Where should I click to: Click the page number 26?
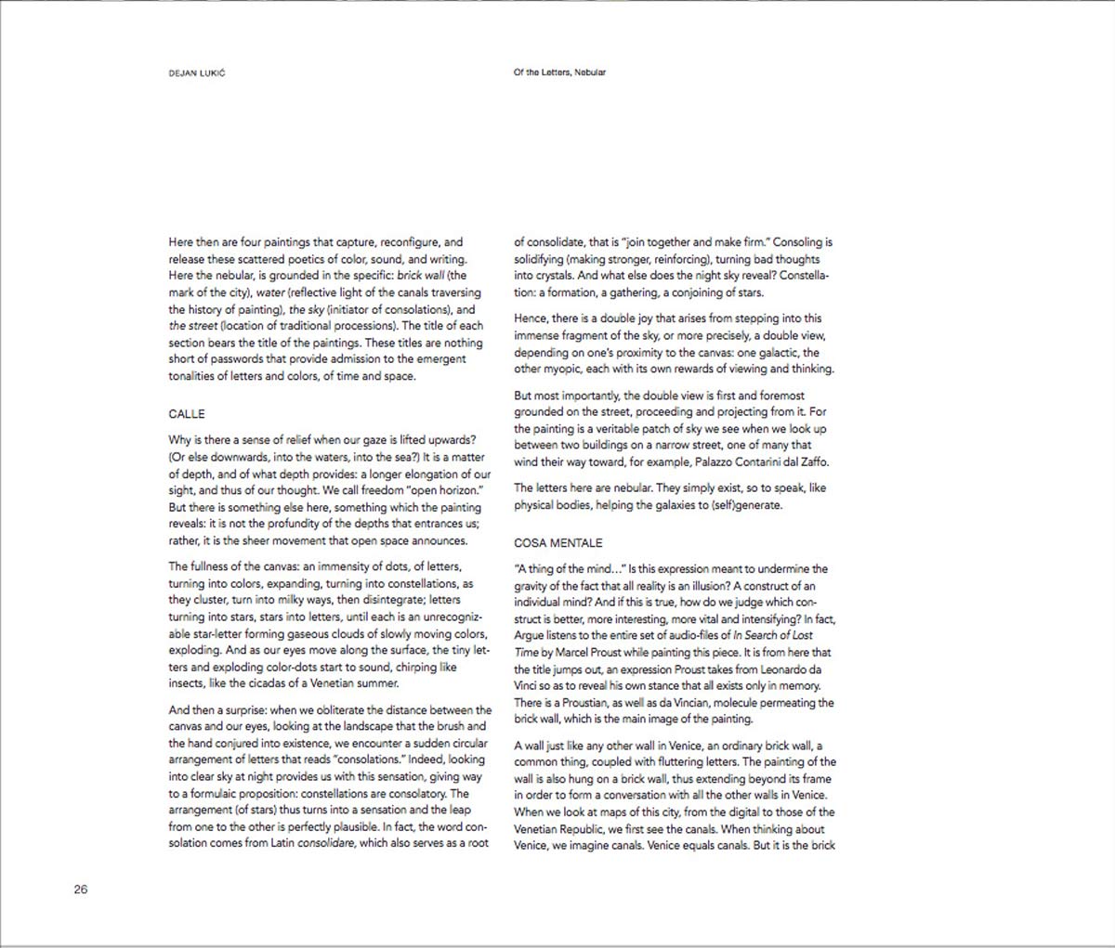[x=81, y=890]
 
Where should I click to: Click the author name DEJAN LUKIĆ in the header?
[x=196, y=73]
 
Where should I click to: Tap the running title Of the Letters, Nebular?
[x=559, y=72]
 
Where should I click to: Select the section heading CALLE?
[x=187, y=414]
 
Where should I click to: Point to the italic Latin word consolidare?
[x=326, y=844]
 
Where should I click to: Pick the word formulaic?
[x=216, y=794]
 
